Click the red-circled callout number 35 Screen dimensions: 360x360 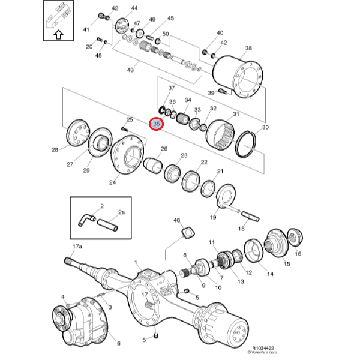pos(156,124)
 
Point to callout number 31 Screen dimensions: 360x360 pos(236,114)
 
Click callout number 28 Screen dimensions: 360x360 pos(55,149)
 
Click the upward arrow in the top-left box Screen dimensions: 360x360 pos(58,34)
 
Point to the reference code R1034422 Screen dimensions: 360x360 pos(263,348)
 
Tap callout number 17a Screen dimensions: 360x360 pos(77,247)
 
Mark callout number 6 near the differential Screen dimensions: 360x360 pos(118,343)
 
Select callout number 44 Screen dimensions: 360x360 pos(134,8)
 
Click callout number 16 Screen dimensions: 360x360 pos(298,254)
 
